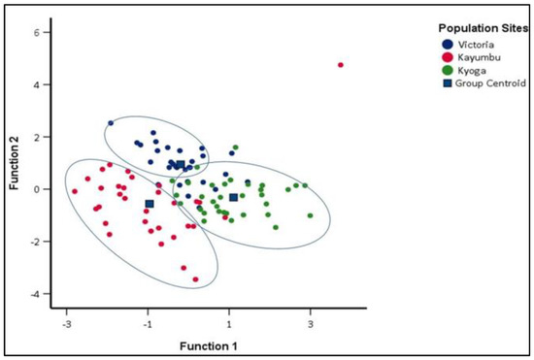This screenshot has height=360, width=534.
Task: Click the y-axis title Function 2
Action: click(x=17, y=162)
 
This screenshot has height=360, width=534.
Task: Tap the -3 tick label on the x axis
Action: click(x=66, y=324)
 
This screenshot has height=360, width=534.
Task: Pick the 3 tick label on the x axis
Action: click(x=311, y=324)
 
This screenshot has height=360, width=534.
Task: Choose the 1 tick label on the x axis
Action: click(x=229, y=324)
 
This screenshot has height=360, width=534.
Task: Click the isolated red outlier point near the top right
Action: click(x=341, y=65)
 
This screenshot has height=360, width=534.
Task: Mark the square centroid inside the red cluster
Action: click(x=150, y=204)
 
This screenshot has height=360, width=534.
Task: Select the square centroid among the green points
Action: click(x=233, y=198)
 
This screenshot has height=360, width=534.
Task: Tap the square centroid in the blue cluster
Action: click(x=180, y=165)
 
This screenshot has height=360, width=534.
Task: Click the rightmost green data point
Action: click(x=311, y=215)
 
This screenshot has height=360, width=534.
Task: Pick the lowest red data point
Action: click(x=195, y=279)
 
